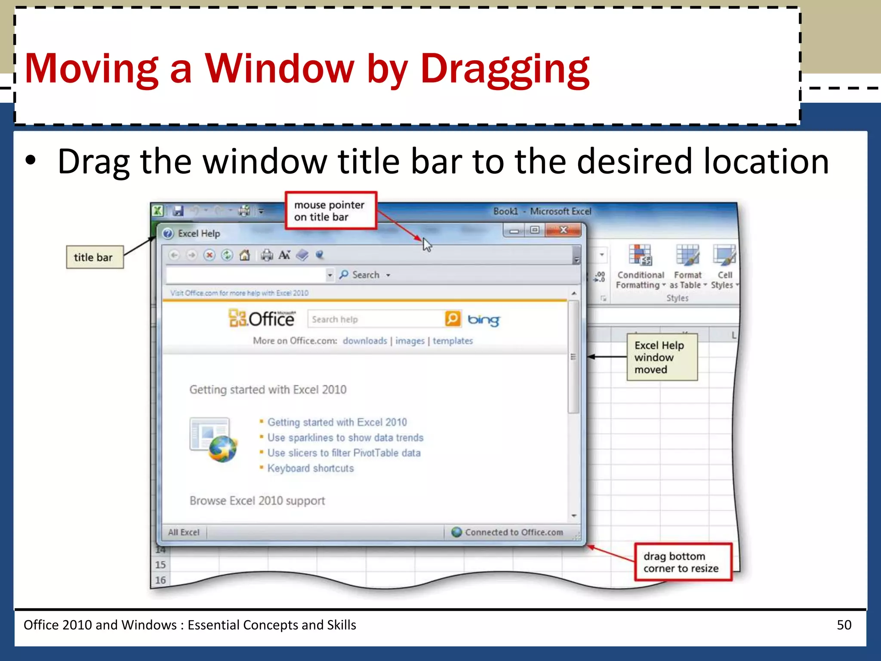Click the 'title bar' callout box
pos(94,257)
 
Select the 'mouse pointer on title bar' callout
pos(330,211)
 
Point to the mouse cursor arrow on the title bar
pos(426,244)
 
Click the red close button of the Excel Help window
pos(563,230)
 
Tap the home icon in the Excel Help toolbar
pos(244,255)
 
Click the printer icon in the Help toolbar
pos(267,255)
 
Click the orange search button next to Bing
pos(452,319)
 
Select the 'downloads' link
pos(365,341)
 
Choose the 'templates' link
pos(453,341)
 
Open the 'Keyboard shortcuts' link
pos(310,468)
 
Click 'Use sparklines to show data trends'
pos(345,438)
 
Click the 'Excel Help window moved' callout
pos(662,357)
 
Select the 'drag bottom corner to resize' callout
pos(683,562)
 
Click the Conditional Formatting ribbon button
pos(640,267)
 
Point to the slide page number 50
pos(844,625)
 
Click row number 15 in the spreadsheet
pos(160,565)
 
